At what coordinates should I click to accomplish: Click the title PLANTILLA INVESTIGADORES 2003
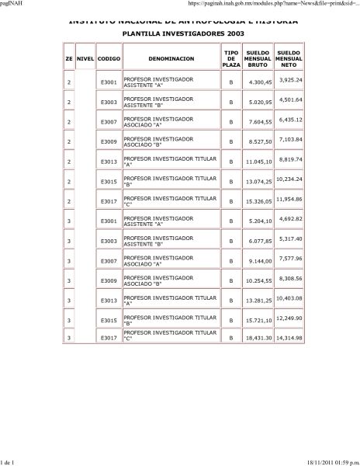[x=179, y=34]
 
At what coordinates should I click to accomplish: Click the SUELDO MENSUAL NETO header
[x=289, y=58]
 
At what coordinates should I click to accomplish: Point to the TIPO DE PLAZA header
[x=231, y=58]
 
